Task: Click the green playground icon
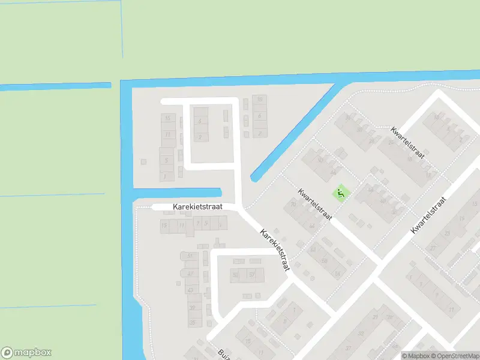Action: pos(340,193)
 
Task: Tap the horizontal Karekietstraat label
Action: pos(197,206)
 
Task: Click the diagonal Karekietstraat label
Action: pos(275,249)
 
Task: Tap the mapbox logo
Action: pos(26,353)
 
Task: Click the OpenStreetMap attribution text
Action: pos(455,355)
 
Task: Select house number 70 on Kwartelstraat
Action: pos(293,205)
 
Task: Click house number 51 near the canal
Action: pos(190,256)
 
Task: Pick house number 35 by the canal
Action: pos(193,322)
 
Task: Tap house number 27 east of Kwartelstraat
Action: pos(431,248)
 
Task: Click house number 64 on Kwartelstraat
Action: pos(311,226)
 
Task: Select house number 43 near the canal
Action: pos(191,290)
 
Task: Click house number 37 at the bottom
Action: pos(348,347)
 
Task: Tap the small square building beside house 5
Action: pos(143,161)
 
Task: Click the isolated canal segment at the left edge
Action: pos(55,86)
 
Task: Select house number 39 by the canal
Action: pos(192,307)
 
